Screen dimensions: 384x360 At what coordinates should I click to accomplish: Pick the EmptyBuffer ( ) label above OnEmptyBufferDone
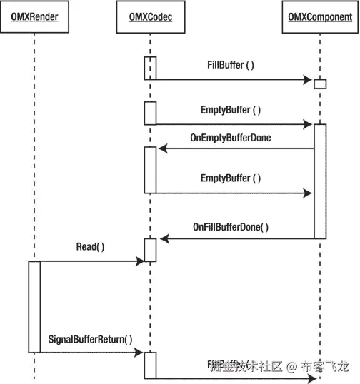tap(231, 111)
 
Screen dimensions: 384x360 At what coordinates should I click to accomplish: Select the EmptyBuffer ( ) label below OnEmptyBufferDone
tap(231, 178)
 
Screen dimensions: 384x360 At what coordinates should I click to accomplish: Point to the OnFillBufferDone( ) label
tap(231, 227)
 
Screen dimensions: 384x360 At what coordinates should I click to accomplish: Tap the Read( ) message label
tap(90, 247)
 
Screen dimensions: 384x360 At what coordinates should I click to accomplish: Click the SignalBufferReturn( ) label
tap(90, 338)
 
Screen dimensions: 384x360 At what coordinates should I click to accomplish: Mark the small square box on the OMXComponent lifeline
tap(320, 84)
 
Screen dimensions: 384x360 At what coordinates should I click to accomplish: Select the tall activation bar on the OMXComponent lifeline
tap(320, 181)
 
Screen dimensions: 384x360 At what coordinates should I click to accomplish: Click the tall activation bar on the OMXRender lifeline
tap(34, 306)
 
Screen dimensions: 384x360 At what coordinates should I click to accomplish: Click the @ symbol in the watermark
tap(291, 366)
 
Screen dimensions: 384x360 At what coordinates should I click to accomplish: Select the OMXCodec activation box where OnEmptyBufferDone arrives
tap(150, 170)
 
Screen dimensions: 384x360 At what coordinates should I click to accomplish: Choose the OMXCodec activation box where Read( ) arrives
tap(150, 250)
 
